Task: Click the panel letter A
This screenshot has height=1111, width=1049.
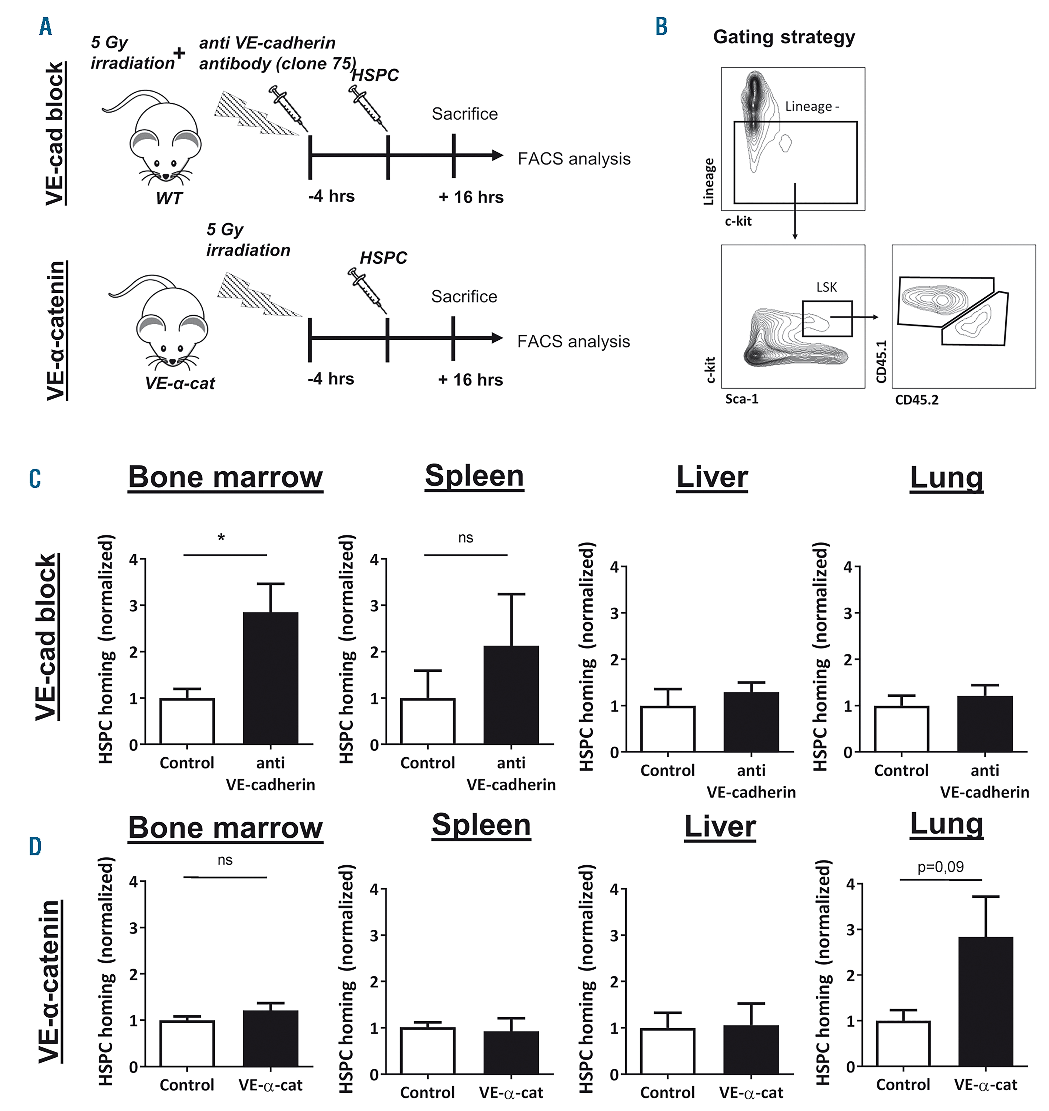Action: click(46, 26)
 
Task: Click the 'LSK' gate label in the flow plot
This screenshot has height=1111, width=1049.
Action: click(827, 287)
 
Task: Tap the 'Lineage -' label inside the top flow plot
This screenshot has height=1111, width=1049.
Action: click(811, 107)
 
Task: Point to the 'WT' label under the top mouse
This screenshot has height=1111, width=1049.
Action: click(169, 198)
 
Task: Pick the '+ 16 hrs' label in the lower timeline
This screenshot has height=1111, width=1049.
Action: click(470, 380)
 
